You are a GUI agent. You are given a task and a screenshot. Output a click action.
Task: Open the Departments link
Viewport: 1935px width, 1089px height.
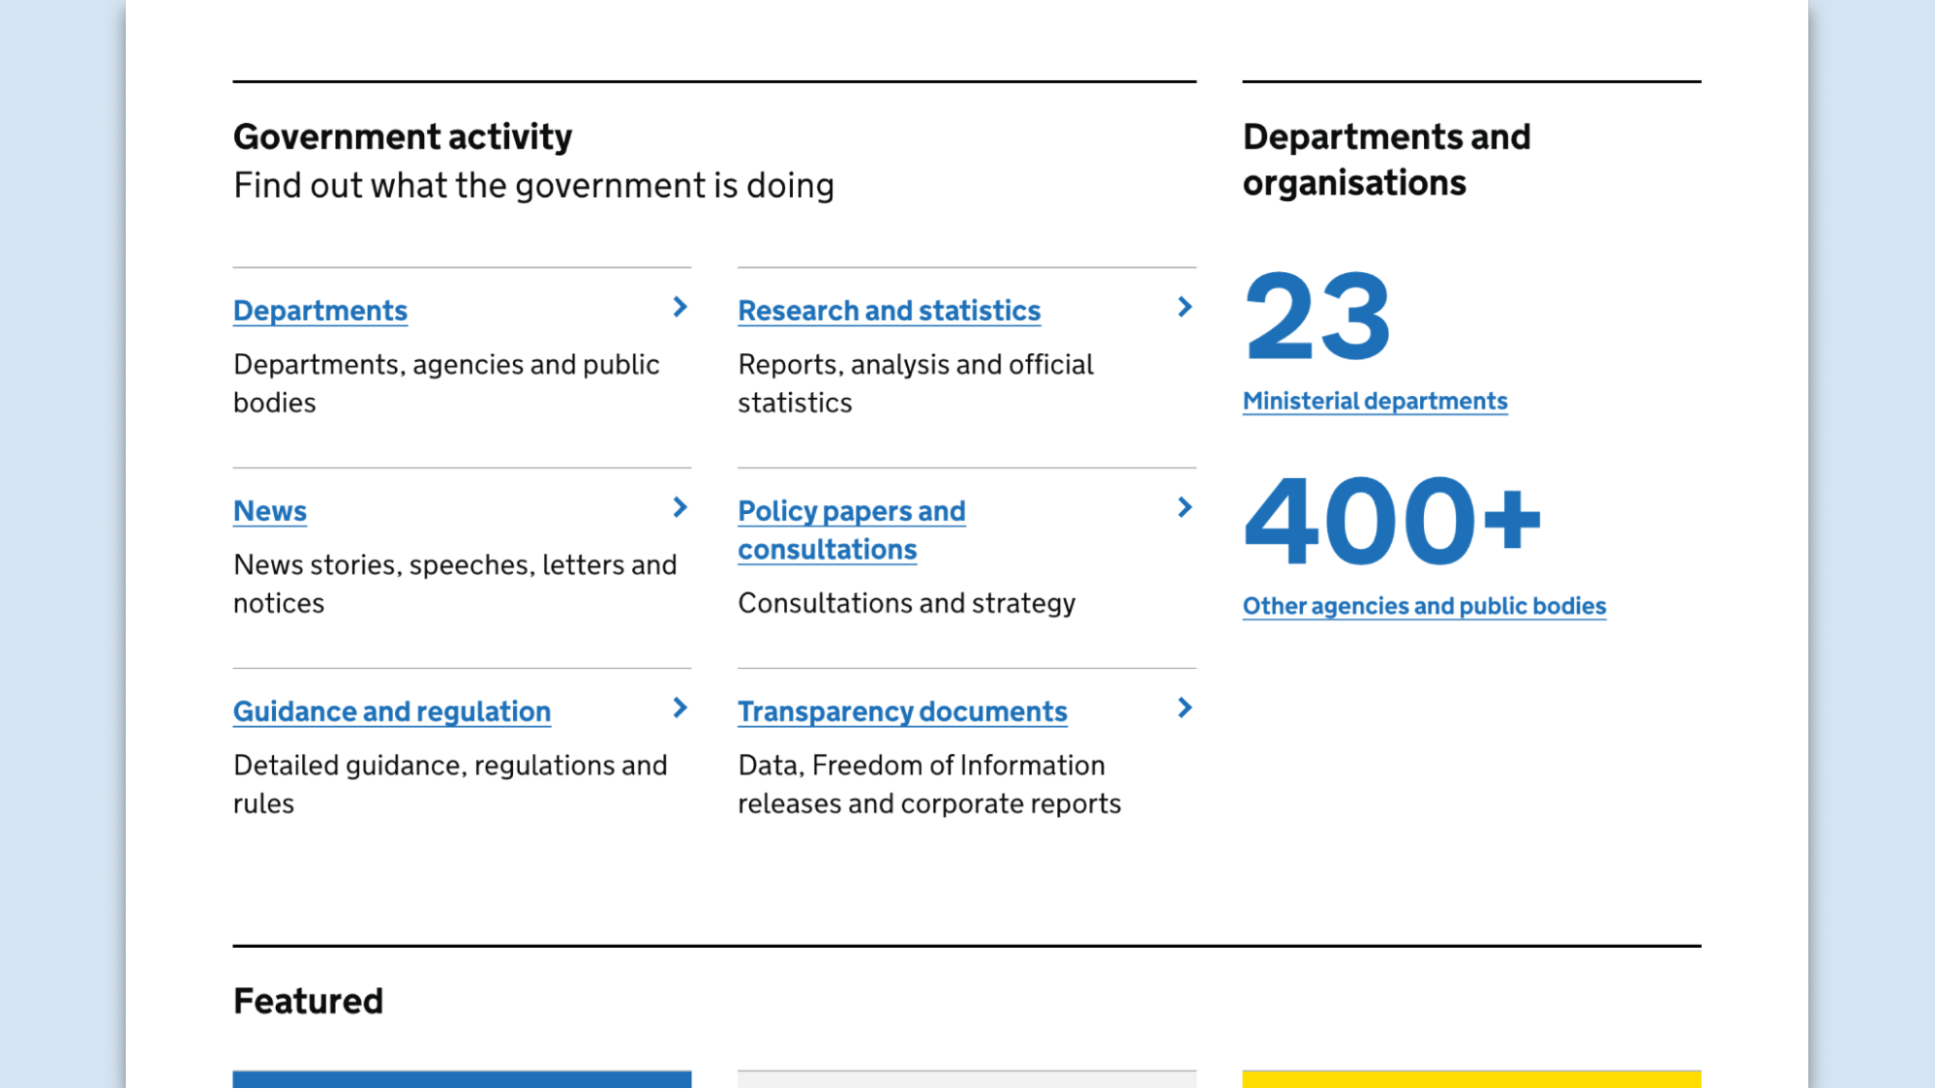pyautogui.click(x=319, y=311)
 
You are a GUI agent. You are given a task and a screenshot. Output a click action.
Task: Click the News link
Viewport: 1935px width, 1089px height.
pyautogui.click(x=269, y=511)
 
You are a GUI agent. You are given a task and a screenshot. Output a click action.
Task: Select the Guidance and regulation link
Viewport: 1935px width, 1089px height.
pyautogui.click(x=391, y=711)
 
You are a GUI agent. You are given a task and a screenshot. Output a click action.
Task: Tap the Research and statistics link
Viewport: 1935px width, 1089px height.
pyautogui.click(x=888, y=311)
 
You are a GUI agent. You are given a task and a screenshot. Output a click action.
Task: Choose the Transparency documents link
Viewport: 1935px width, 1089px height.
pyautogui.click(x=901, y=711)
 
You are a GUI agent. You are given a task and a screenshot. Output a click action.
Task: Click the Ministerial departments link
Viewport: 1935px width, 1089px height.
pyautogui.click(x=1374, y=401)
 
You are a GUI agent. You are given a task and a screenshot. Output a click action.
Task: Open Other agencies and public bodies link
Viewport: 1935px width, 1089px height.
pyautogui.click(x=1423, y=606)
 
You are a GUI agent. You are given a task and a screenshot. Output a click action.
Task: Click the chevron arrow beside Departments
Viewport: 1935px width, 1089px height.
pyautogui.click(x=680, y=307)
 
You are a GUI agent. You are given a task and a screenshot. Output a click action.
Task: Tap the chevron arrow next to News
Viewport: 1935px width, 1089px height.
pyautogui.click(x=680, y=507)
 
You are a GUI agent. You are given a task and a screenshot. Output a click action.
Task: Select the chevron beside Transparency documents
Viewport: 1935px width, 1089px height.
pyautogui.click(x=1184, y=708)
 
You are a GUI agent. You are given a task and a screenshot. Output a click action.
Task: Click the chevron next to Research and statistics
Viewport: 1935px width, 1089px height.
pyautogui.click(x=1184, y=307)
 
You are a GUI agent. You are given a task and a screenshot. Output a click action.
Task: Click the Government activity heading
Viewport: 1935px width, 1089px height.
pyautogui.click(x=402, y=136)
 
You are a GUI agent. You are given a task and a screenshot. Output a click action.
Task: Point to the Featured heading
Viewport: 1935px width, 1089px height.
pyautogui.click(x=308, y=1001)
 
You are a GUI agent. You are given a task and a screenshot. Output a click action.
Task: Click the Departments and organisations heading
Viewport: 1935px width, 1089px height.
pyautogui.click(x=1385, y=160)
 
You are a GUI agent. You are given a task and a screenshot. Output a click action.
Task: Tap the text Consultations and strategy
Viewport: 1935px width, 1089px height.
pyautogui.click(x=905, y=603)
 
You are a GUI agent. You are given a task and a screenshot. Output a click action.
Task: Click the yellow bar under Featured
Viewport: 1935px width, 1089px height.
pyautogui.click(x=1470, y=1078)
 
